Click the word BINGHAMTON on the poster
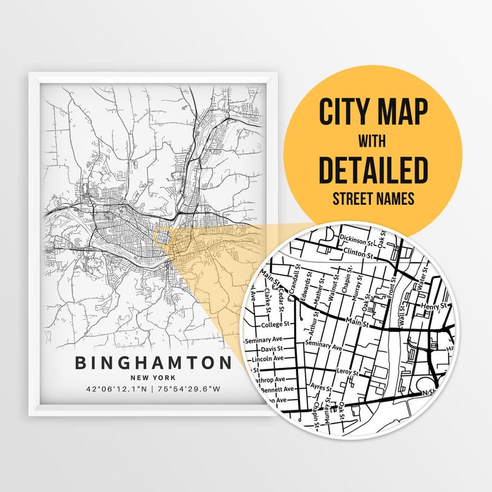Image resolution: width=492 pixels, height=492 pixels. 153,363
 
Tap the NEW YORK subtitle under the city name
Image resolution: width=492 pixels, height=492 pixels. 153,377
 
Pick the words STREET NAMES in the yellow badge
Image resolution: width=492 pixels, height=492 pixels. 373,199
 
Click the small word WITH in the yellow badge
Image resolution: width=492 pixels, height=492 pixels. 373,141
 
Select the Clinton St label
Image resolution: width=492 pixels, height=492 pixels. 360,252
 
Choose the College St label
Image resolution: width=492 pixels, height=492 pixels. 274,325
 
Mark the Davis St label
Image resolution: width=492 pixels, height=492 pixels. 270,349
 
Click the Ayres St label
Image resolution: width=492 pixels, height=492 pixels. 321,389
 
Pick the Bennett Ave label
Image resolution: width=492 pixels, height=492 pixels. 276,389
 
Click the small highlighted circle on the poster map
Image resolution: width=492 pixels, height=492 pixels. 162,235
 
